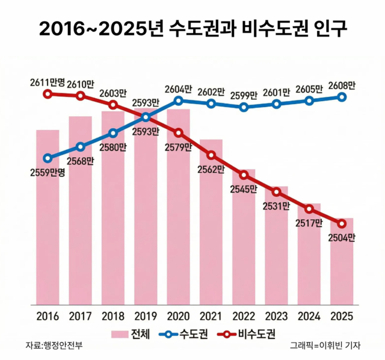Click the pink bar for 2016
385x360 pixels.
[x=48, y=217]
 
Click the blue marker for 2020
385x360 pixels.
[x=179, y=100]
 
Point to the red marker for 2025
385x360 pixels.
[x=342, y=223]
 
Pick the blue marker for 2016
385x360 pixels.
[x=48, y=158]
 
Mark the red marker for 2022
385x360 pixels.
[x=244, y=175]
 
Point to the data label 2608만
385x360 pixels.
[x=342, y=84]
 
